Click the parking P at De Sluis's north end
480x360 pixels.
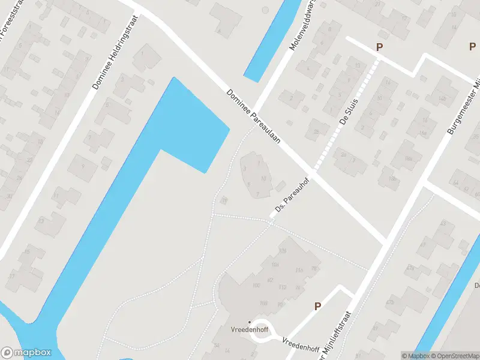point(379,47)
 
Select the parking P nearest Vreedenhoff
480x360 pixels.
point(318,306)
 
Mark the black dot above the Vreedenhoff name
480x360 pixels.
point(250,322)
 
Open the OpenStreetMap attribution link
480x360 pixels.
point(454,356)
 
